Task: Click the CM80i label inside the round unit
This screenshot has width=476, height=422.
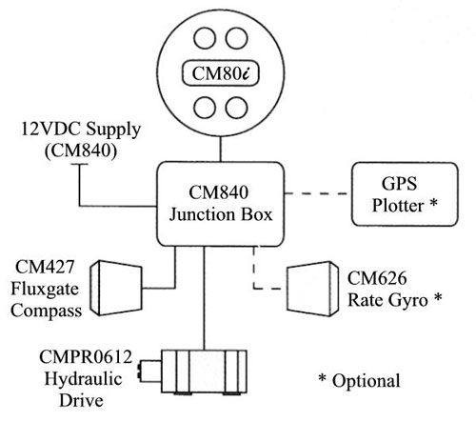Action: tap(221, 73)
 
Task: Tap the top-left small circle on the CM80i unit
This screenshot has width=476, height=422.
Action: tap(205, 38)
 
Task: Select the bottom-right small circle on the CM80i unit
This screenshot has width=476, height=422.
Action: tap(236, 108)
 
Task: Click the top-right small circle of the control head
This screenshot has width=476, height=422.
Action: tap(236, 38)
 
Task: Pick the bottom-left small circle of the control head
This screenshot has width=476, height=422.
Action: tap(205, 108)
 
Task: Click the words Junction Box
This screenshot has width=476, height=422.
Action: tap(221, 215)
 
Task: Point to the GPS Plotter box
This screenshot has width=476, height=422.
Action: tap(405, 194)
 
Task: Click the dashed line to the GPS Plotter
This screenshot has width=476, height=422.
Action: tap(316, 193)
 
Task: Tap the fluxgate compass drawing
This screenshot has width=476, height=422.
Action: tap(116, 288)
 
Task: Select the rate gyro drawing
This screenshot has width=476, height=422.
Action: tap(313, 289)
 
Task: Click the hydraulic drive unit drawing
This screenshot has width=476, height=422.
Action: tap(193, 372)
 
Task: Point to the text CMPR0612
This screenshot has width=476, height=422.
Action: tap(86, 357)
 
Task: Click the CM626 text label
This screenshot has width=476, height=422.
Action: tap(377, 278)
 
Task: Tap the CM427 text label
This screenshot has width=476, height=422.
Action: tap(45, 267)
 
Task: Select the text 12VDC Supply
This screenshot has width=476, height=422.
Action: tap(81, 131)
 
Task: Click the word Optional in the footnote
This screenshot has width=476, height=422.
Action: tap(366, 381)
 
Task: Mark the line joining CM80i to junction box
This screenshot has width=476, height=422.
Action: tap(220, 150)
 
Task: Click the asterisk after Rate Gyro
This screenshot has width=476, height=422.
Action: tap(438, 297)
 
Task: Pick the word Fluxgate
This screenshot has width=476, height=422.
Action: tap(45, 290)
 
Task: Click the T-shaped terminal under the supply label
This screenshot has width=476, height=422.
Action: tap(79, 165)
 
